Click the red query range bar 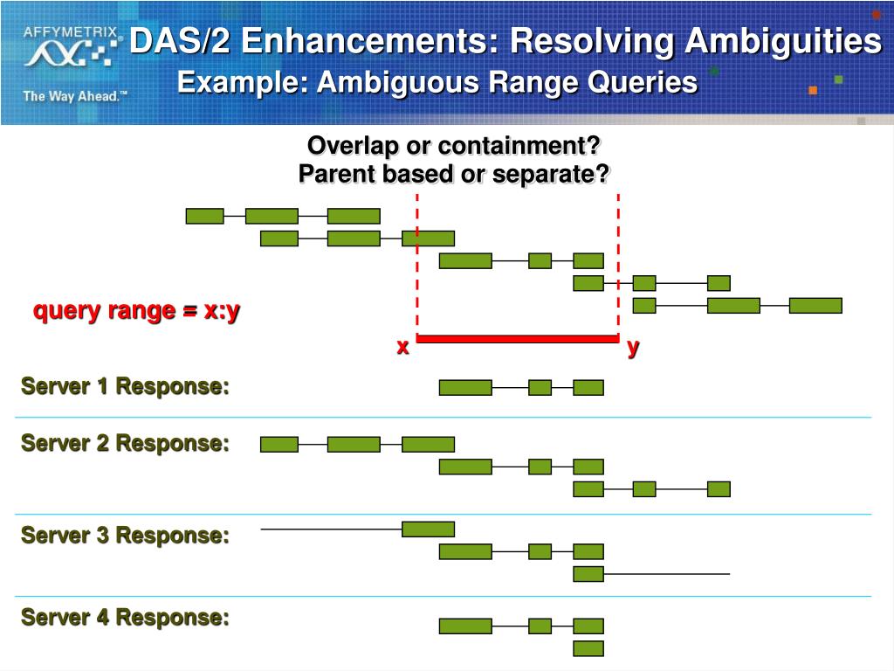pyautogui.click(x=518, y=338)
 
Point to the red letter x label pyautogui.click(x=402, y=347)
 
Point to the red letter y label pyautogui.click(x=633, y=347)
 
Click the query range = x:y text pyautogui.click(x=136, y=310)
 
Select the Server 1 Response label pyautogui.click(x=126, y=386)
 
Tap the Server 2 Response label pyautogui.click(x=126, y=443)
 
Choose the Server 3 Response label pyautogui.click(x=126, y=535)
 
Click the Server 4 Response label pyautogui.click(x=126, y=618)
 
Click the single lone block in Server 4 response pyautogui.click(x=588, y=648)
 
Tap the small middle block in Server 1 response pyautogui.click(x=540, y=388)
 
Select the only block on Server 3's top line pyautogui.click(x=428, y=529)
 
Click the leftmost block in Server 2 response pyautogui.click(x=279, y=444)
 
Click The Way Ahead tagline pyautogui.click(x=75, y=96)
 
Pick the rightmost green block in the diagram pyautogui.click(x=815, y=306)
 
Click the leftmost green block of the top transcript pyautogui.click(x=205, y=216)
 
